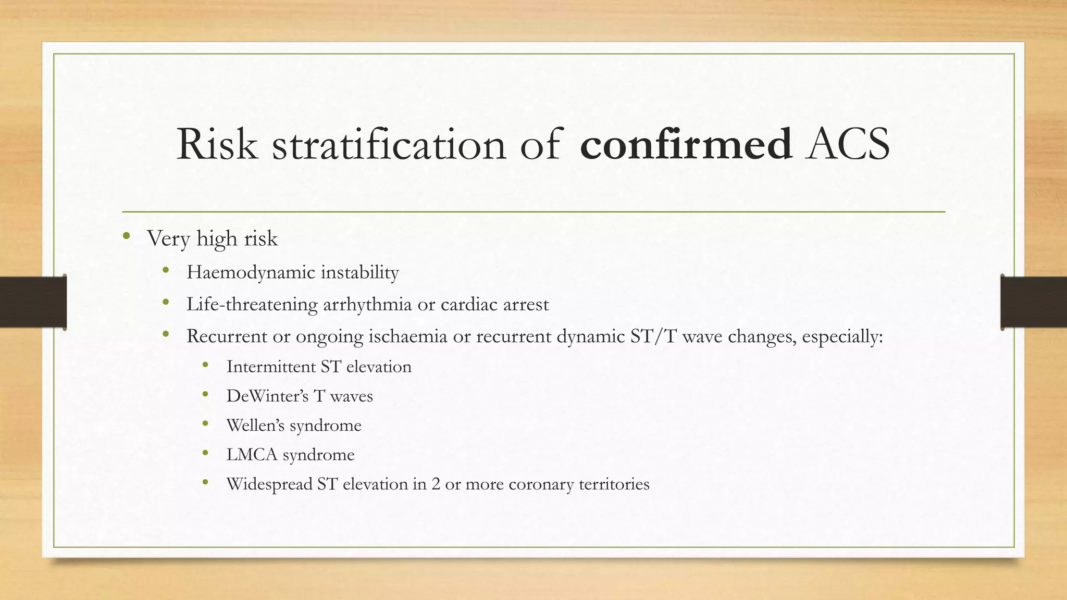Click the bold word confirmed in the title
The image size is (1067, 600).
pos(686,144)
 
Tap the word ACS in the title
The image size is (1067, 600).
pos(848,144)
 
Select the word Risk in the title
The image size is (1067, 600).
pos(217,144)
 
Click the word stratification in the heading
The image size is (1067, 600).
pos(389,144)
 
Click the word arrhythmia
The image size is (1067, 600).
pos(367,304)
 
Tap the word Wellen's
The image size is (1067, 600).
pos(255,426)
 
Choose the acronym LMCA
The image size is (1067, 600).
pos(252,455)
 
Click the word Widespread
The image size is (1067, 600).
pos(269,484)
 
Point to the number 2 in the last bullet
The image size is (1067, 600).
pos(436,484)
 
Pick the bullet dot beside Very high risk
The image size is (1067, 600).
pos(126,237)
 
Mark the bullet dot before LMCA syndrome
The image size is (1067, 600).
pos(205,453)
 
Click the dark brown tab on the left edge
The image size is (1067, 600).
pos(33,302)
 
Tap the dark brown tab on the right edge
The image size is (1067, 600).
pos(1034,302)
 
